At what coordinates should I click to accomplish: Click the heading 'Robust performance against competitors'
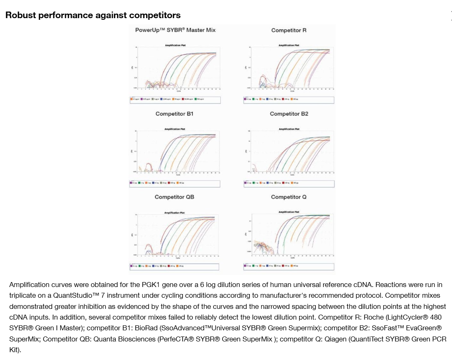click(x=93, y=15)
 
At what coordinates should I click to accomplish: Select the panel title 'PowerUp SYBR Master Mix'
click(x=175, y=30)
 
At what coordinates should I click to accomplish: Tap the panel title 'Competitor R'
click(x=289, y=30)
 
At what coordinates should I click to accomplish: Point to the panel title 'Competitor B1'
click(x=174, y=114)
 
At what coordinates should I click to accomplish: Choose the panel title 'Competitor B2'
click(x=289, y=114)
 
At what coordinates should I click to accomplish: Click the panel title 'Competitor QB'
click(x=174, y=197)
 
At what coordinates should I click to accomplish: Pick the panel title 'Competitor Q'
click(x=289, y=197)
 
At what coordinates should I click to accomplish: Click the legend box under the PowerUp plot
click(x=176, y=99)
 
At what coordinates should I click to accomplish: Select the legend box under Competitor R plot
click(x=289, y=99)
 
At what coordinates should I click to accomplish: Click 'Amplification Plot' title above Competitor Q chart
click(x=289, y=212)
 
